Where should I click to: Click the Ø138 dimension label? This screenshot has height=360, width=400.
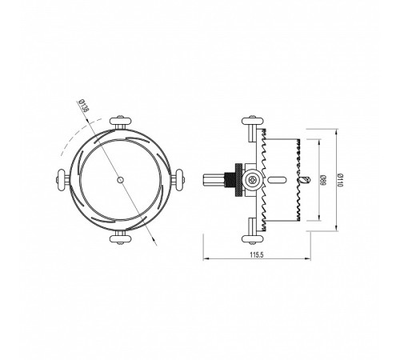(x=84, y=106)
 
